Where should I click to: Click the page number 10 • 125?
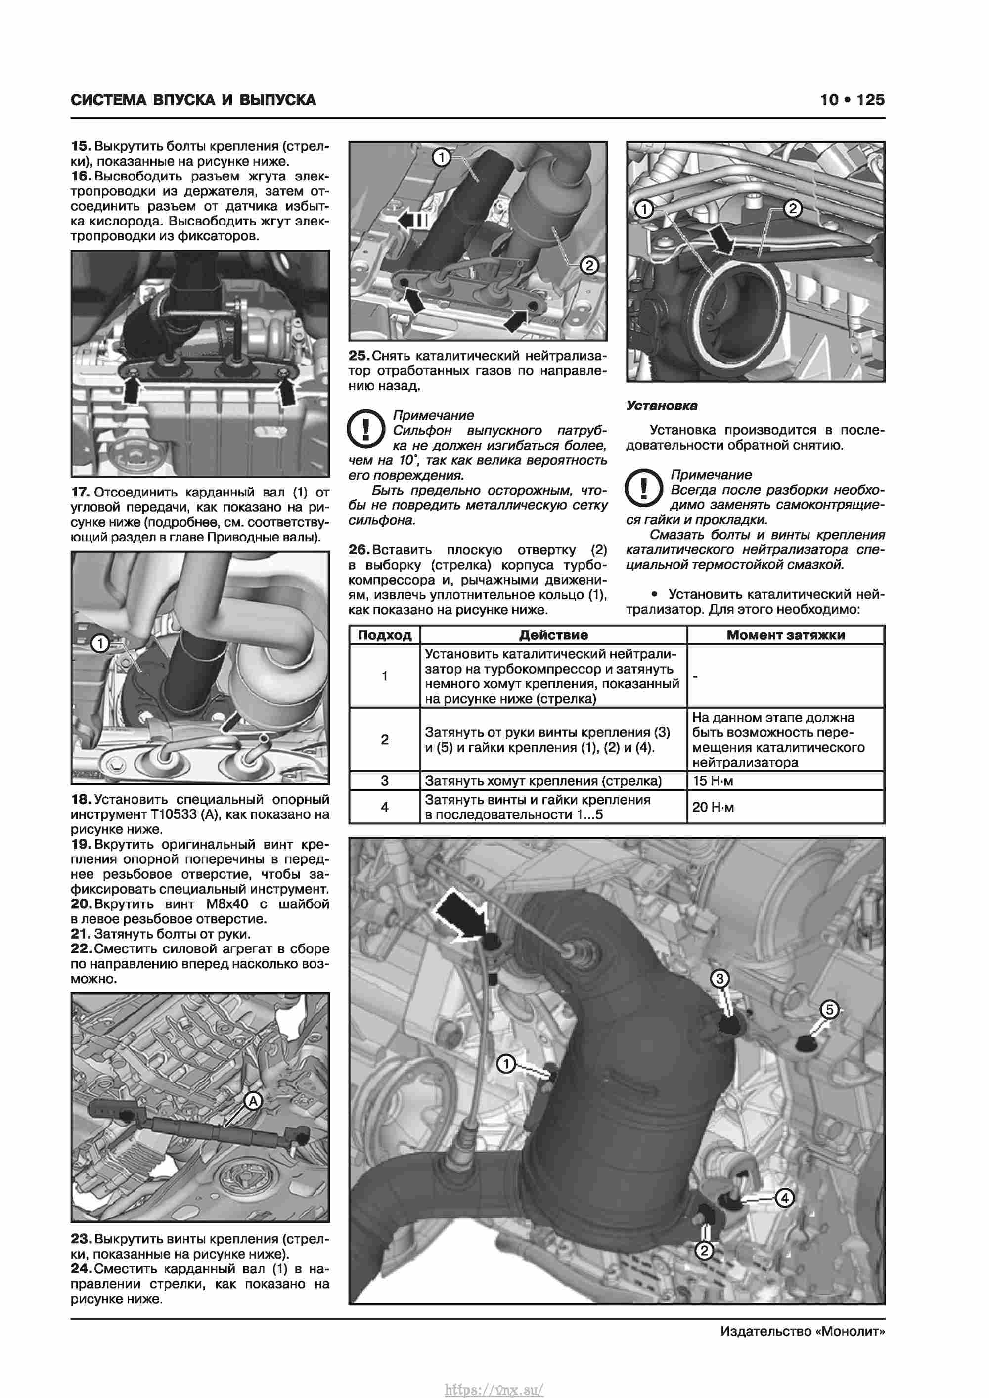pyautogui.click(x=852, y=100)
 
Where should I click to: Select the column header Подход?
pyautogui.click(x=384, y=635)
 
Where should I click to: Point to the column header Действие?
pyautogui.click(x=553, y=635)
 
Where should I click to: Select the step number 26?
pyautogui.click(x=359, y=550)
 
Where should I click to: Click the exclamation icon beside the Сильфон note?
pyautogui.click(x=365, y=429)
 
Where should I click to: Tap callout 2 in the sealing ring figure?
pyautogui.click(x=792, y=209)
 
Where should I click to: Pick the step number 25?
pyautogui.click(x=359, y=356)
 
